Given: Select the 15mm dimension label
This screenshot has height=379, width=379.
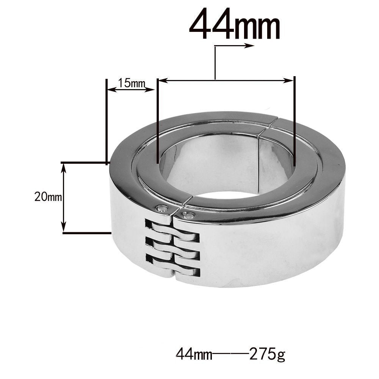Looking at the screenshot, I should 128,83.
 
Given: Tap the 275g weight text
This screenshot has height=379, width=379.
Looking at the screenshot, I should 267,355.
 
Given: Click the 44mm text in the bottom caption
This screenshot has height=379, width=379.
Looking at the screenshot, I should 194,355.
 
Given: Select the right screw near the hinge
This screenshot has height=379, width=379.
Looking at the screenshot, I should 188,216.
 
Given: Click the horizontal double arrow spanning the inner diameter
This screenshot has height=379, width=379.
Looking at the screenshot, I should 226,80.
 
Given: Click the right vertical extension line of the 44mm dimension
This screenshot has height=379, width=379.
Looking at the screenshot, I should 294,121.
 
